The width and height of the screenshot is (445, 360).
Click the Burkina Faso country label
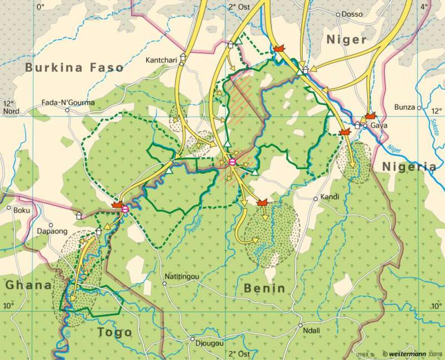point(74,68)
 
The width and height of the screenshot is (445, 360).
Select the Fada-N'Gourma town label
point(68,103)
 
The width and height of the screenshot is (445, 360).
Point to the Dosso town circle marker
point(338,15)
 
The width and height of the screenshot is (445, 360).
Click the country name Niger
point(347,40)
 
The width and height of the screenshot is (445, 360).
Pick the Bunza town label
point(405,107)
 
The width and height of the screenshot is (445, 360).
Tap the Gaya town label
point(379,125)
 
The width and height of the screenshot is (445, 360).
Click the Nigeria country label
point(409,167)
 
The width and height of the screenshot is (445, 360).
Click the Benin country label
point(265,288)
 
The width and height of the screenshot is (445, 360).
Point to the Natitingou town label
point(182,276)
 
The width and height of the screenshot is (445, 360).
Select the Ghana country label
point(28,285)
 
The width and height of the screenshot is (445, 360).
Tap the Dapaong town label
point(52,231)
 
